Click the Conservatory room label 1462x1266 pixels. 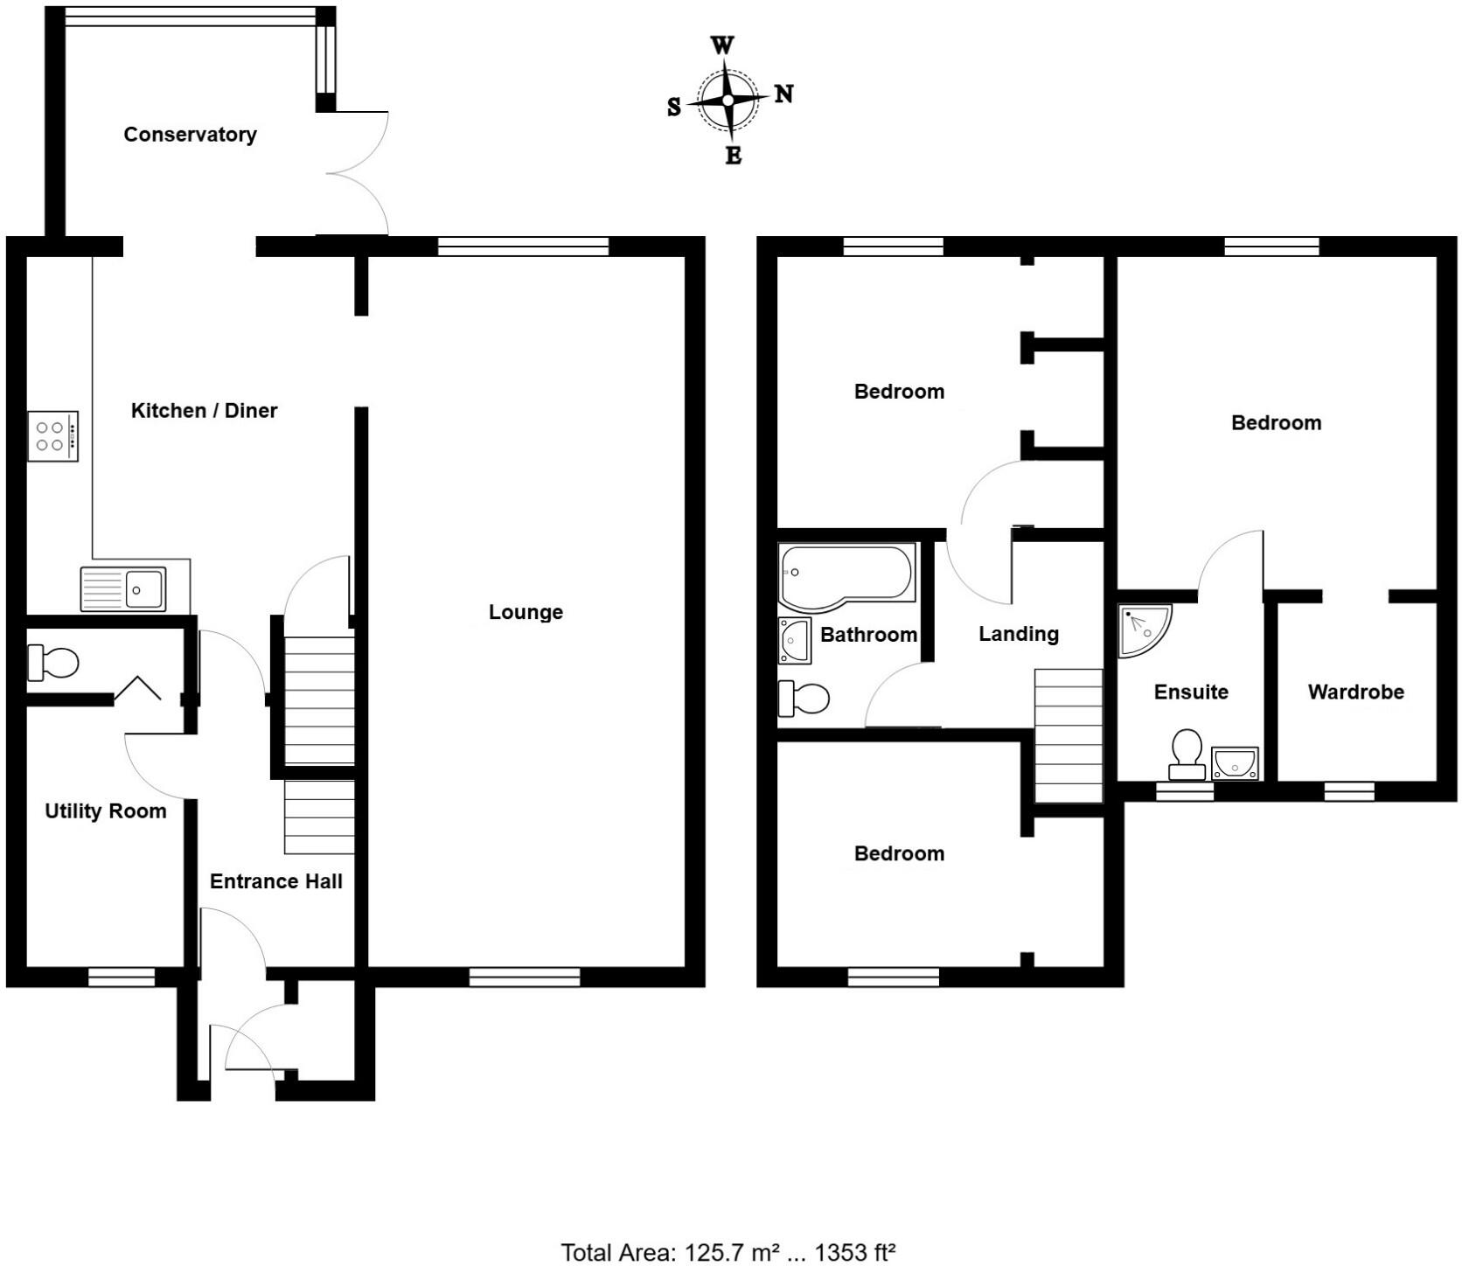click(190, 135)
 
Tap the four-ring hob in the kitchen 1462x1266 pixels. click(52, 436)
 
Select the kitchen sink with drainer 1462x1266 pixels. click(123, 588)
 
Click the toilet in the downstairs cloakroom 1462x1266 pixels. click(53, 662)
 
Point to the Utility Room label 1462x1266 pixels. click(105, 811)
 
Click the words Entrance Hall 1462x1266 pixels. click(275, 881)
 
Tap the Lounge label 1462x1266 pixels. click(526, 612)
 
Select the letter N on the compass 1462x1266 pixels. click(783, 94)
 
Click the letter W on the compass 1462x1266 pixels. click(722, 45)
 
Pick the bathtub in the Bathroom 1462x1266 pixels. click(846, 574)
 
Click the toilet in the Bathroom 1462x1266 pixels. click(804, 699)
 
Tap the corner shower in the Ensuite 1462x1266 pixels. click(1142, 628)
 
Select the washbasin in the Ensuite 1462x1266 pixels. click(1235, 763)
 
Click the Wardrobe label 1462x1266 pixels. click(1355, 692)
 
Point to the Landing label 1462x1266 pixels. click(1018, 634)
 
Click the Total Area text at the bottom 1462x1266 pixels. click(728, 1252)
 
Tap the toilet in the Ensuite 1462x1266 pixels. click(1187, 755)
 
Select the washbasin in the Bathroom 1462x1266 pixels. click(794, 641)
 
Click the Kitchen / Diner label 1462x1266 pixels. click(204, 411)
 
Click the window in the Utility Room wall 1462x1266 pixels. click(122, 977)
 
